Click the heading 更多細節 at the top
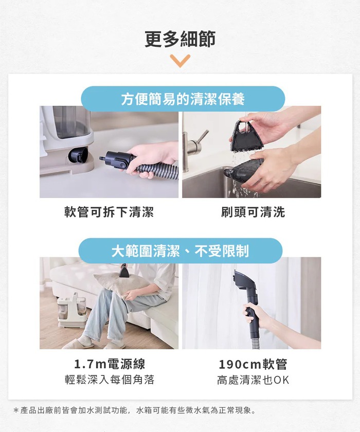pos(180,39)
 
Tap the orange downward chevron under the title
pos(180,61)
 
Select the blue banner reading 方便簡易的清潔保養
pos(183,99)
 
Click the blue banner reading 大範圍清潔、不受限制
pos(181,251)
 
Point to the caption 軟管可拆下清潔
pos(109,212)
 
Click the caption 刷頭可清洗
pos(253,212)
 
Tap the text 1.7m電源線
pos(110,364)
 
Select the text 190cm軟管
pos(253,364)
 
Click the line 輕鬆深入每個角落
pos(110,380)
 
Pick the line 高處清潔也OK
pos(253,380)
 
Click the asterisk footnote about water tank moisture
pos(135,410)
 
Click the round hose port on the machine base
pos(78,155)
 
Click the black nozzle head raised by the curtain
pos(245,281)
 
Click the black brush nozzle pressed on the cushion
pos(123,271)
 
